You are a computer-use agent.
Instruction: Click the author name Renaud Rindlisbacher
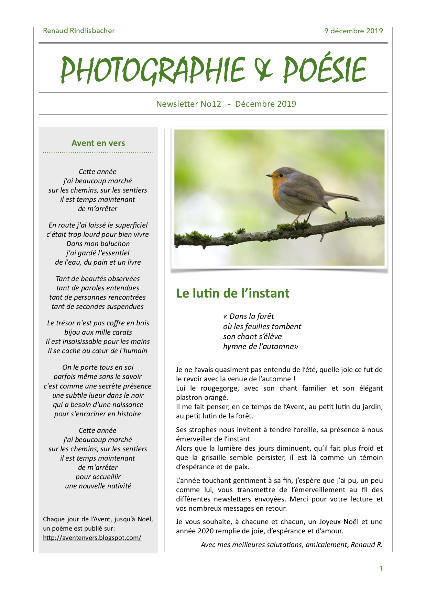[79, 31]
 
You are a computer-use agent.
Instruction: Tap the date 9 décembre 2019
[353, 31]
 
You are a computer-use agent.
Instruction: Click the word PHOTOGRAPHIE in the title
[152, 70]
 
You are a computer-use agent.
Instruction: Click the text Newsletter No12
[188, 104]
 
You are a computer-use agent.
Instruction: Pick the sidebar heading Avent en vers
[98, 143]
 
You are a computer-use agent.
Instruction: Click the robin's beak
[268, 176]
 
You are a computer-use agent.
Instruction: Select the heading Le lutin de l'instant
[233, 293]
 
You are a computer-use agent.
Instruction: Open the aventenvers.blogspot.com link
[92, 538]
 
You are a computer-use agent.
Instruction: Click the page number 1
[381, 569]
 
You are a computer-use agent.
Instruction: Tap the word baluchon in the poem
[112, 244]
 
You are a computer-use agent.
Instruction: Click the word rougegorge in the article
[219, 388]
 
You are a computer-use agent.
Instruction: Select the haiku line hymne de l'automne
[260, 347]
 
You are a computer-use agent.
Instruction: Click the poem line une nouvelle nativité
[98, 486]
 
